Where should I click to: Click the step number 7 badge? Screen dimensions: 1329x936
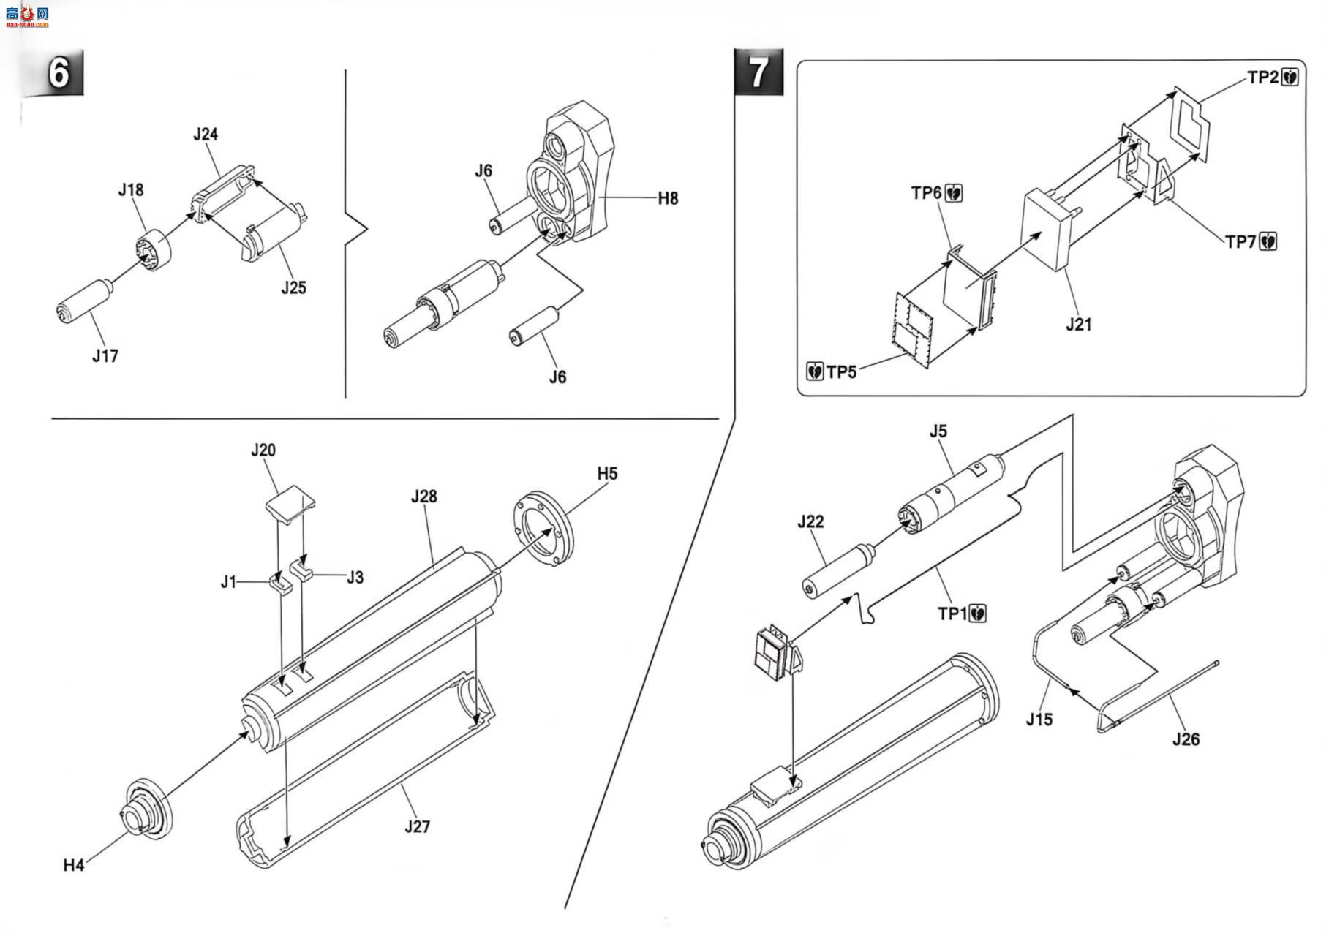coord(758,72)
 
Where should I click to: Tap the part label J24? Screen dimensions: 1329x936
coord(206,135)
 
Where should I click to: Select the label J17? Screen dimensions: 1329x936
coord(105,356)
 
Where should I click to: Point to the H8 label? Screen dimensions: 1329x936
coord(668,198)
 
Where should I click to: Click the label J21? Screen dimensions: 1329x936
coord(1078,324)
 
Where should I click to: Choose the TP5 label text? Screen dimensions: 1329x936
coord(841,371)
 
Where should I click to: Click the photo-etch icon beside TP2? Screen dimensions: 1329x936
coord(1290,78)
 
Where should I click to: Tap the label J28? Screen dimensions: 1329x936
coord(423,497)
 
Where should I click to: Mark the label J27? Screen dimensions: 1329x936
coord(417,827)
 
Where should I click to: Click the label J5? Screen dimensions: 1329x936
coord(938,431)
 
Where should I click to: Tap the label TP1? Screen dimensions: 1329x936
coord(952,614)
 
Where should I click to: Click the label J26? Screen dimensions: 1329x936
coord(1186,739)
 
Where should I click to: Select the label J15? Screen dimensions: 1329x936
coord(1039,720)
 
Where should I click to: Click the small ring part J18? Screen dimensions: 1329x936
coord(153,252)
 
